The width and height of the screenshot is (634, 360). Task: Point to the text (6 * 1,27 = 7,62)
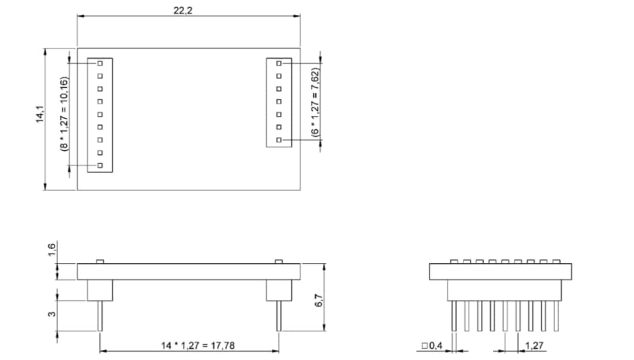315,102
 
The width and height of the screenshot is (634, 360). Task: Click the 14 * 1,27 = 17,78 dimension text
189,345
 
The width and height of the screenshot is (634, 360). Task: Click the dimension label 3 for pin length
52,313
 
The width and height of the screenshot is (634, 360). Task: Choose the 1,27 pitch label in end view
534,346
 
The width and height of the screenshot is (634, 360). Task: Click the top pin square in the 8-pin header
100,63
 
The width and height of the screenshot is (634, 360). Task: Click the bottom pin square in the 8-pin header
100,165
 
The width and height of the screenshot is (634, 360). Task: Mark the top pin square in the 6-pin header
279,63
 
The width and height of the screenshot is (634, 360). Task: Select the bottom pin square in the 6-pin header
279,139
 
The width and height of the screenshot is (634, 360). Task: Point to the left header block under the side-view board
100,290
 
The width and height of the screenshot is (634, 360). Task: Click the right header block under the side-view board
279,290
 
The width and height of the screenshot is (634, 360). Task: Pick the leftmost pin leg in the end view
454,315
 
